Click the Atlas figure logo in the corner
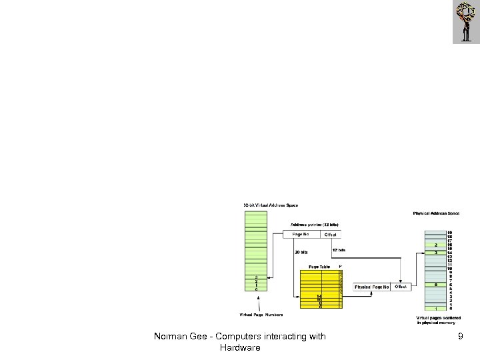click(466, 21)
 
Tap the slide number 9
click(460, 337)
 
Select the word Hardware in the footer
click(240, 348)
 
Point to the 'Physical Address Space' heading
click(436, 213)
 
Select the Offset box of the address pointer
click(331, 234)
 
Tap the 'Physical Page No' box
click(372, 287)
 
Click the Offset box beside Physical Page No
click(401, 287)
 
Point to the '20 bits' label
click(301, 252)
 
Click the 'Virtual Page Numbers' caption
click(261, 315)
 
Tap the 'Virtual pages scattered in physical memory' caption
click(439, 320)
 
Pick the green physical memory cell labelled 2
click(435, 245)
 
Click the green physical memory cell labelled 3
click(435, 253)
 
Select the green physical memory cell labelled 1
click(435, 309)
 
